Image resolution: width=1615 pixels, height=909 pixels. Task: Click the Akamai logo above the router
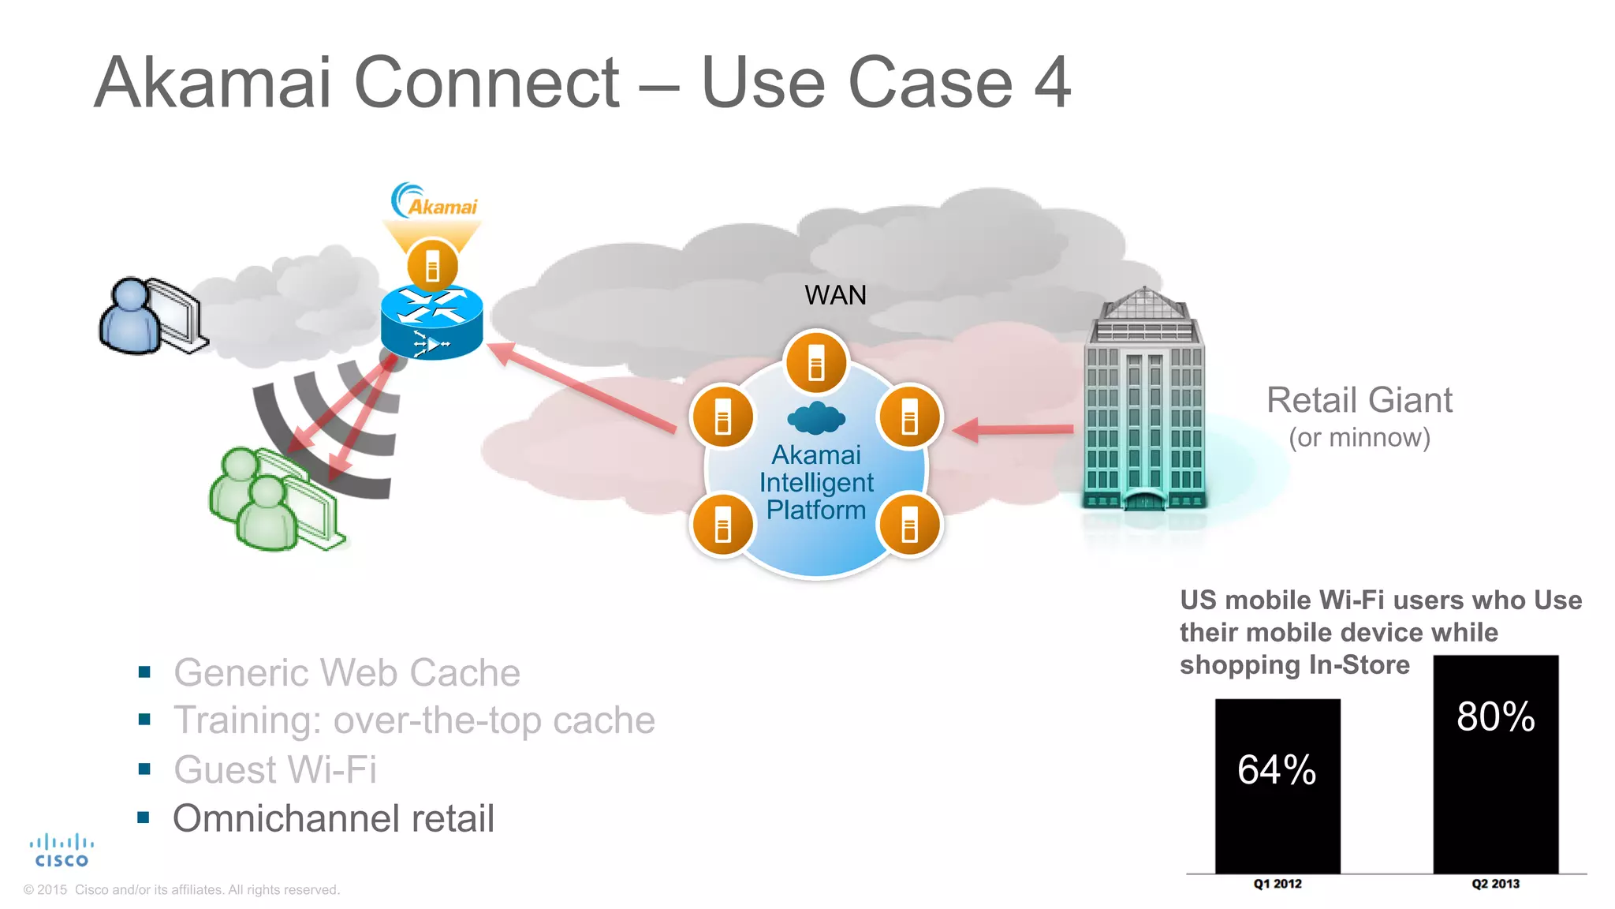[435, 202]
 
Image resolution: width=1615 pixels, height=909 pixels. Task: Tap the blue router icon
[431, 322]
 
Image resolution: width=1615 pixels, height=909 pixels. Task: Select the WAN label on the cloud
[835, 295]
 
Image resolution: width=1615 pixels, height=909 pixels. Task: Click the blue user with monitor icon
[151, 316]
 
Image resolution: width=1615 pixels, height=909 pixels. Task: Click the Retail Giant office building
[1143, 402]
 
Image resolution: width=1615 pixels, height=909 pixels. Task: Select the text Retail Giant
[1359, 400]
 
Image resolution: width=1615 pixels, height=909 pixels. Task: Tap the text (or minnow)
[1359, 437]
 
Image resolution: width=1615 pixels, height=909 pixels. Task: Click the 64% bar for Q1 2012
[1277, 785]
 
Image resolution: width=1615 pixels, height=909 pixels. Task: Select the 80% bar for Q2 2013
[1495, 764]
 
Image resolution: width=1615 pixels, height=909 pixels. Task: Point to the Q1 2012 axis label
[1277, 884]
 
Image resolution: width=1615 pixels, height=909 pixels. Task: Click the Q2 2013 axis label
[1495, 884]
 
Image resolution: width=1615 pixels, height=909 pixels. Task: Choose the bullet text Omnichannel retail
[334, 818]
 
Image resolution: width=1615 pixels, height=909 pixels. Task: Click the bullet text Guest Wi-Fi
[275, 769]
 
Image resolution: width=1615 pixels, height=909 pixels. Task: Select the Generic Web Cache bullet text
[347, 673]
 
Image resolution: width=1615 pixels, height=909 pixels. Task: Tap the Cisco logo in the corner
[62, 851]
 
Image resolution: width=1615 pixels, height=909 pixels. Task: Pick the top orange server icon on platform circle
[816, 362]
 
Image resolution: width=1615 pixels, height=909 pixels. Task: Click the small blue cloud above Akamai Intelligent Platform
[816, 418]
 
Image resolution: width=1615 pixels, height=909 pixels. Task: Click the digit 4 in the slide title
[1053, 83]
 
